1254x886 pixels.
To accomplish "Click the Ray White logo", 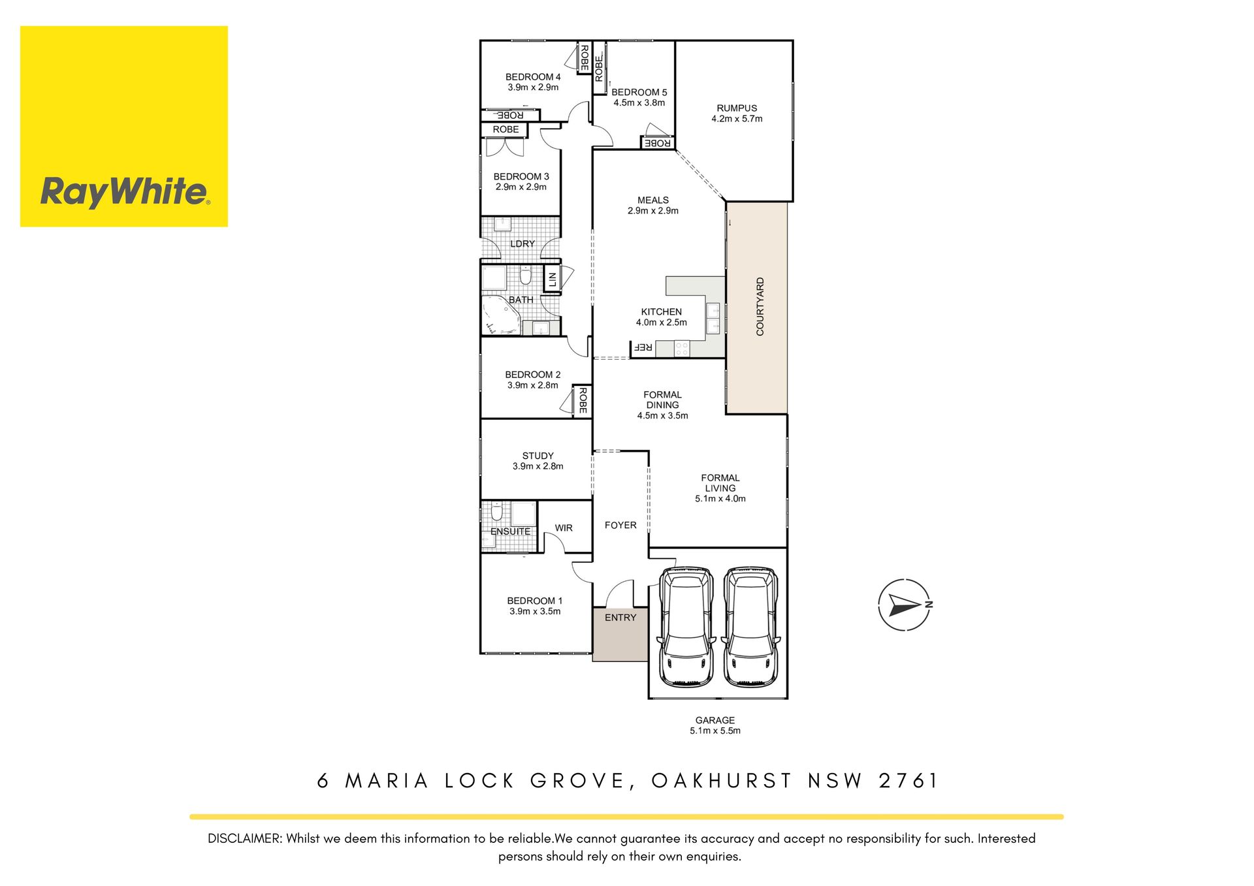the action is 124,127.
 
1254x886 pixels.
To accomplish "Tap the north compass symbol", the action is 905,605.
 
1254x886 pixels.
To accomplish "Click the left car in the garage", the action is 686,627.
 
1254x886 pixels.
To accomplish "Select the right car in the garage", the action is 752,627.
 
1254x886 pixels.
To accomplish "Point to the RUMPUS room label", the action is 737,108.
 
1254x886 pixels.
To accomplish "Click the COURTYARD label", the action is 760,307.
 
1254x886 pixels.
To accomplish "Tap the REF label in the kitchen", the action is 644,347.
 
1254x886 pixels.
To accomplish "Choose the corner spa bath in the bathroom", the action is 501,315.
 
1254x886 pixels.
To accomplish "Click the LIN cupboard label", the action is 553,280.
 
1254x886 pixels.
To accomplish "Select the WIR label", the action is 564,528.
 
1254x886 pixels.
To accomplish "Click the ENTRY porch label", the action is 620,618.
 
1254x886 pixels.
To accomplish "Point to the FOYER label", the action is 620,525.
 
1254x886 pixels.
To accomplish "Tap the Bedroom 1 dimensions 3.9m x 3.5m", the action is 535,612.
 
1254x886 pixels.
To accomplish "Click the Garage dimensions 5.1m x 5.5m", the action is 715,731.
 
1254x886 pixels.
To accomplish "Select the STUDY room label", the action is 538,456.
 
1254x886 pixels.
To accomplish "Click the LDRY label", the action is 522,244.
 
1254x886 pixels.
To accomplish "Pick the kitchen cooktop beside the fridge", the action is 682,349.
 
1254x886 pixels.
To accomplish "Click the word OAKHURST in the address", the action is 722,781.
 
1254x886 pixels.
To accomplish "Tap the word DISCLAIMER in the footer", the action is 245,838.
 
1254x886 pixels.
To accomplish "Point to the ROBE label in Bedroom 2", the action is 582,400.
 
